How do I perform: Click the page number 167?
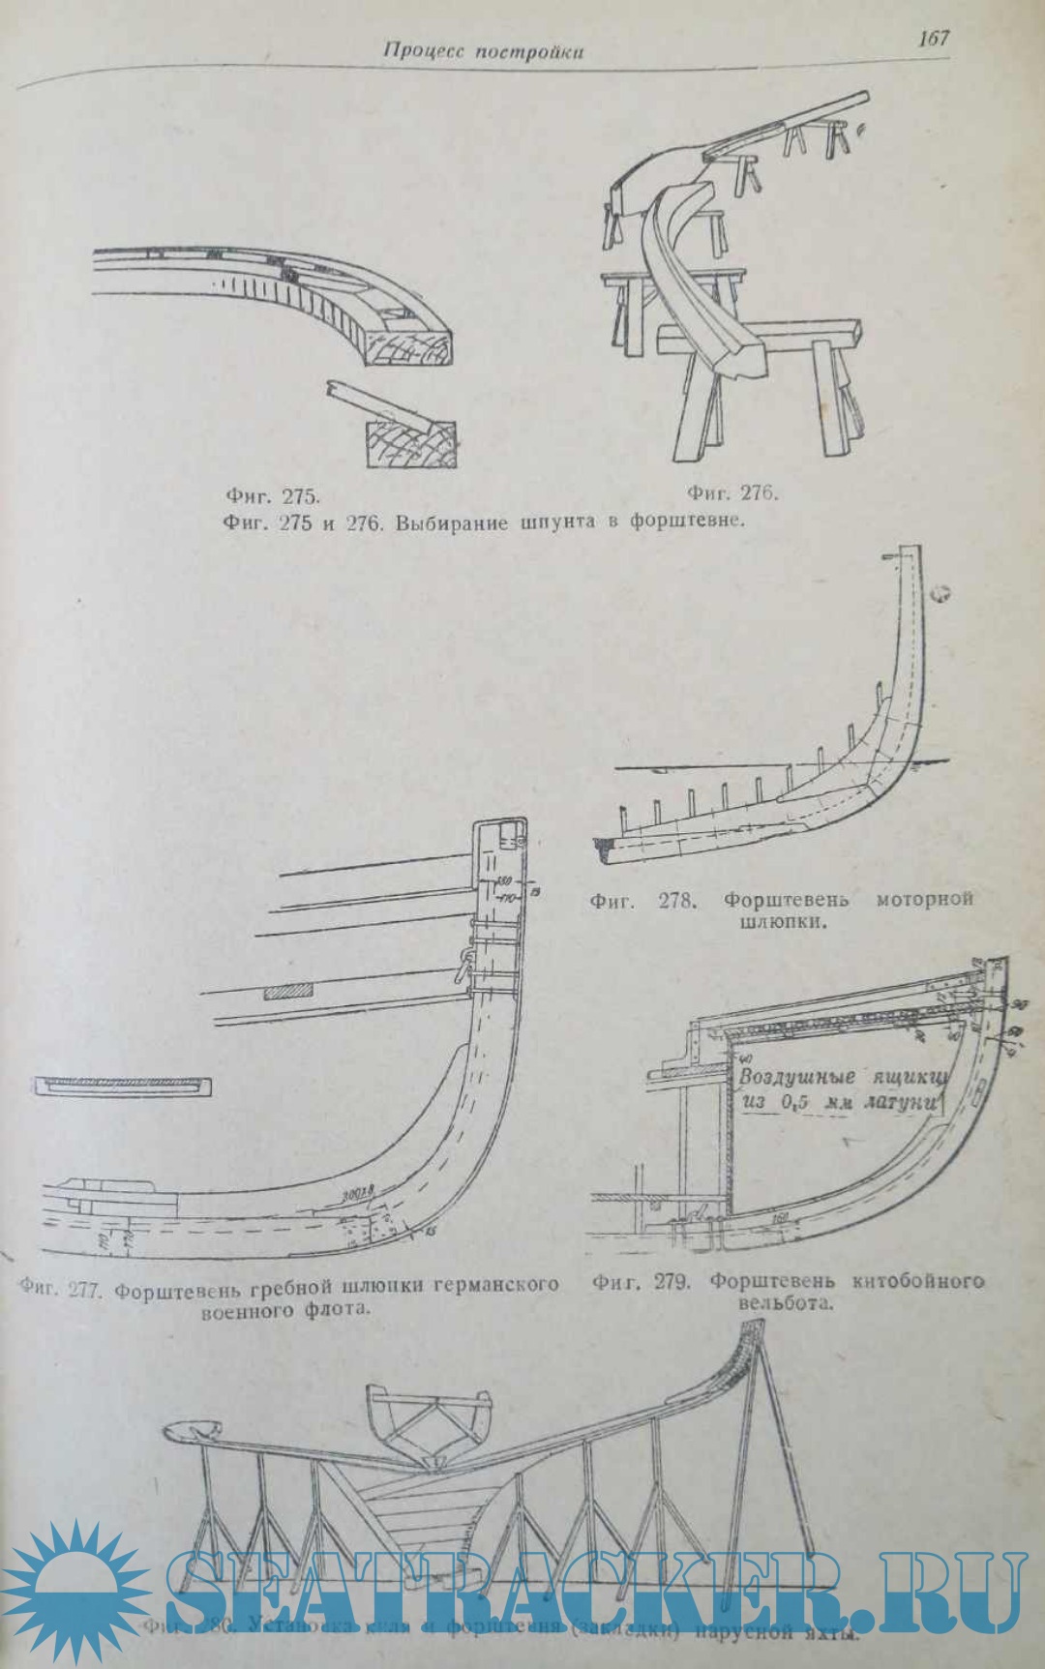pyautogui.click(x=934, y=38)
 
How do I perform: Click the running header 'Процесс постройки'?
pyautogui.click(x=483, y=51)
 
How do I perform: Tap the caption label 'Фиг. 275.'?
pyautogui.click(x=273, y=496)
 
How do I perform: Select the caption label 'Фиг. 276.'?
pyautogui.click(x=731, y=492)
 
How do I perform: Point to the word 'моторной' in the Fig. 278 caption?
pyautogui.click(x=924, y=899)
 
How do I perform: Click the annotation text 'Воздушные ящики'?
pyautogui.click(x=842, y=1077)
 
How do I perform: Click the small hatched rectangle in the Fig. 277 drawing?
pyautogui.click(x=287, y=992)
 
